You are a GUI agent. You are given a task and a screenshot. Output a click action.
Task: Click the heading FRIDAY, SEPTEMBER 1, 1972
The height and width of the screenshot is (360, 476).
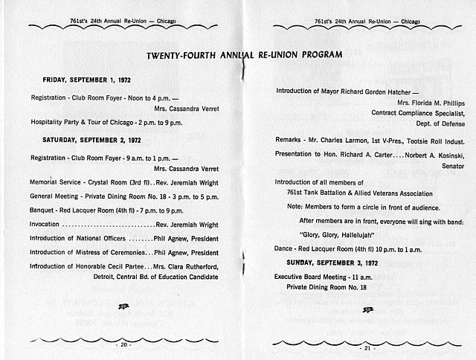(x=87, y=79)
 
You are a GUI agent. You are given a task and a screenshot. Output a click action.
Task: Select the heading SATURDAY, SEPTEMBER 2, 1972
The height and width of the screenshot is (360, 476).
(x=91, y=140)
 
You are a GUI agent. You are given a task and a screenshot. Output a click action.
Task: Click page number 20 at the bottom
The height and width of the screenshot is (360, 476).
(x=123, y=345)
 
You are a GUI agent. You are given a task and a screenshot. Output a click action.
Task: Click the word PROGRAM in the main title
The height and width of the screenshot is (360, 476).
(x=318, y=55)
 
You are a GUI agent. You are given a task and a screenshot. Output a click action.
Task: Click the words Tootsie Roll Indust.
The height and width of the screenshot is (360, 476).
(x=432, y=141)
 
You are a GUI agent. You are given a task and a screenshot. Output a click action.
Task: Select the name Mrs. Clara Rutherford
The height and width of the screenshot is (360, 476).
(x=185, y=266)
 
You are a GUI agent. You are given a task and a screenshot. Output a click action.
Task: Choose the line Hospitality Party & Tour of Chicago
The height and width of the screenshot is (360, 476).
(x=96, y=121)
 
